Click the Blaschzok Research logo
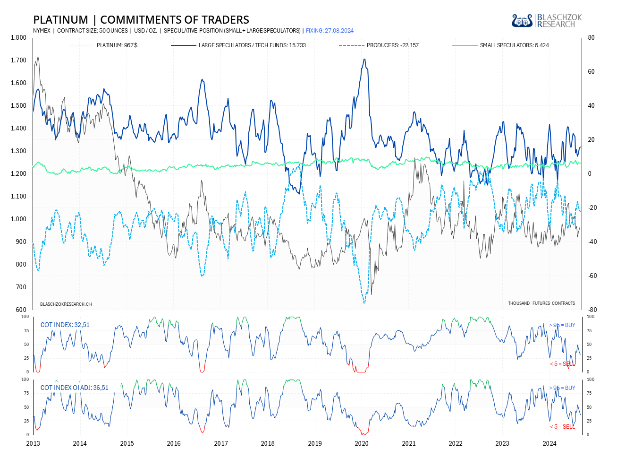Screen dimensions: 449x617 pyautogui.click(x=546, y=20)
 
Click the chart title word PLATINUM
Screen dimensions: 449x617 pyautogui.click(x=60, y=20)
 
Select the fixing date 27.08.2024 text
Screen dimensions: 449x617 pyautogui.click(x=330, y=31)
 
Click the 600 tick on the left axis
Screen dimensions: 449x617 pyautogui.click(x=21, y=310)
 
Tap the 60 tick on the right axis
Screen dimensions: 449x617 pyautogui.click(x=592, y=72)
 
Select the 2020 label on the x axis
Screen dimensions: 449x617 pyautogui.click(x=362, y=443)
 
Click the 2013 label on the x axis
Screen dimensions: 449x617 pyautogui.click(x=33, y=443)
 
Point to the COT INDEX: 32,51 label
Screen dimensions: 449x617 pyautogui.click(x=65, y=325)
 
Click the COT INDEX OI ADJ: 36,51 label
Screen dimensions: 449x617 pyautogui.click(x=74, y=388)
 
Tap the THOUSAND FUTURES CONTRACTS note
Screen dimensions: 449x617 pyautogui.click(x=541, y=303)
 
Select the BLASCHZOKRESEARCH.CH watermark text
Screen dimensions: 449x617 pyautogui.click(x=66, y=304)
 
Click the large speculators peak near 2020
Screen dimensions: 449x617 pyautogui.click(x=364, y=59)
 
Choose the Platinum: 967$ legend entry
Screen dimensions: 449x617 pyautogui.click(x=117, y=45)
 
